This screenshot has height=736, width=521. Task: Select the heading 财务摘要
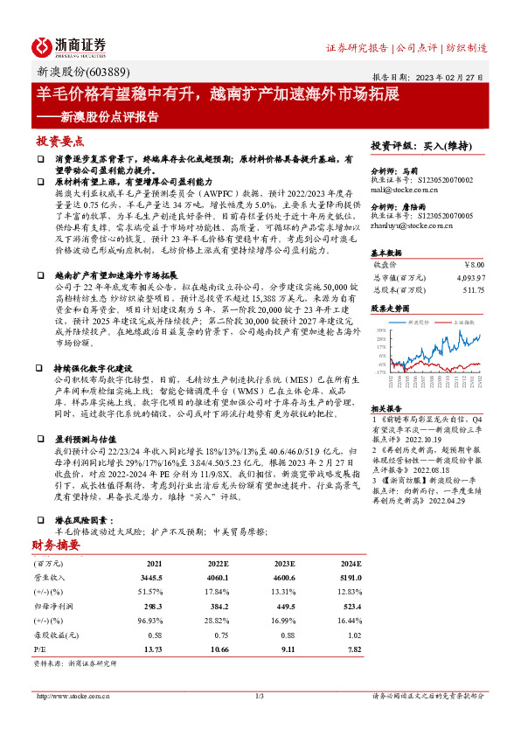[55, 546]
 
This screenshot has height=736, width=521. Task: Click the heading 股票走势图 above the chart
[392, 309]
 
